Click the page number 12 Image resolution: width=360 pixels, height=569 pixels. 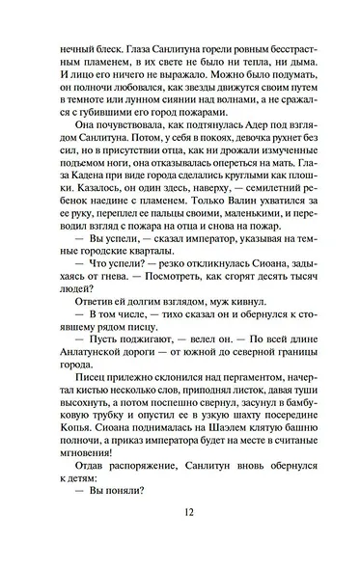pyautogui.click(x=180, y=539)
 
